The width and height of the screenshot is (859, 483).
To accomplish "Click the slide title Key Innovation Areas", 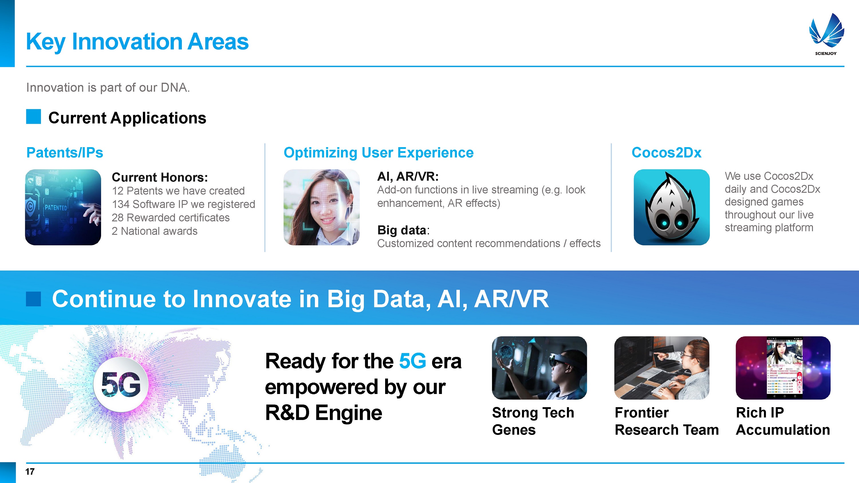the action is click(137, 42).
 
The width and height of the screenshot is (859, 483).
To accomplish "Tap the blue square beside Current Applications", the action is click(33, 117).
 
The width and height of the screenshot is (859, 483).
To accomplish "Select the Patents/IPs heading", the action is click(65, 153).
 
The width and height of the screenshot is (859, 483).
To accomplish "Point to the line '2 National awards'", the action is click(154, 231).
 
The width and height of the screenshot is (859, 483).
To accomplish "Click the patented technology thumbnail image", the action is click(63, 207).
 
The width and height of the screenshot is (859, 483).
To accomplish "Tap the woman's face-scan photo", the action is click(322, 207).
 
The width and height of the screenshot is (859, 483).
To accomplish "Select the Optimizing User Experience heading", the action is click(379, 153).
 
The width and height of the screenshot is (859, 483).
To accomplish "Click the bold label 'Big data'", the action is click(401, 230).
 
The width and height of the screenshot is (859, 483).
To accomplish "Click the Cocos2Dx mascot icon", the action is click(671, 207).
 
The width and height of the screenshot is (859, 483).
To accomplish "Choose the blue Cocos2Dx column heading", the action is click(666, 153).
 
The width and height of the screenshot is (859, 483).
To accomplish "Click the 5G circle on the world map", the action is click(121, 384).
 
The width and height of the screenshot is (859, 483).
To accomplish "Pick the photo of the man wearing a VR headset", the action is click(539, 368).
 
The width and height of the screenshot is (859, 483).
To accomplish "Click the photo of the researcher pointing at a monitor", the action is click(662, 368).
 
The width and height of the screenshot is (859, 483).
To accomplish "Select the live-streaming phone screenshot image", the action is click(783, 368).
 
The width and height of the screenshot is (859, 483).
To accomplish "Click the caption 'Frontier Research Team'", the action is click(667, 421).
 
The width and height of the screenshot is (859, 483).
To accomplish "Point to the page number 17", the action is click(30, 472).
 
